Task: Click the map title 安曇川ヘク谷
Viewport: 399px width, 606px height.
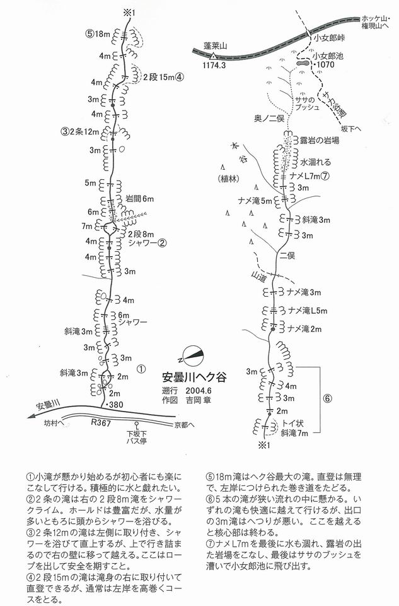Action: pyautogui.click(x=194, y=376)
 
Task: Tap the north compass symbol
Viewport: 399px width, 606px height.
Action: pyautogui.click(x=192, y=355)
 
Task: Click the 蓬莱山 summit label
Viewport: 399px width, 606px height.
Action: pyautogui.click(x=216, y=46)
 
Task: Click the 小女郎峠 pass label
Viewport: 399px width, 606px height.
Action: pyautogui.click(x=329, y=38)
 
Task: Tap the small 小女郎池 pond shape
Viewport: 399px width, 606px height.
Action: pyautogui.click(x=301, y=62)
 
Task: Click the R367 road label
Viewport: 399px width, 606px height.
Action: pyautogui.click(x=101, y=422)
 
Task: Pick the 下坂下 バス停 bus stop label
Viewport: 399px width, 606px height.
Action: pyautogui.click(x=137, y=437)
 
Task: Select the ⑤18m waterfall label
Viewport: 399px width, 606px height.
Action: pyautogui.click(x=98, y=33)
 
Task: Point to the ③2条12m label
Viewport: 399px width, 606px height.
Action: pyautogui.click(x=79, y=131)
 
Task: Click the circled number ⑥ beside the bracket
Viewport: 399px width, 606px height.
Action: pyautogui.click(x=327, y=398)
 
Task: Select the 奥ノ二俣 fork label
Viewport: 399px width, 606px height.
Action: pyautogui.click(x=269, y=118)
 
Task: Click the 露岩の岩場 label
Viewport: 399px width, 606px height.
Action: pyautogui.click(x=320, y=140)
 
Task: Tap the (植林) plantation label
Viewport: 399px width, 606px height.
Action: pyautogui.click(x=228, y=179)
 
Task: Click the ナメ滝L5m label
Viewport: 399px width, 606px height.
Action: pyautogui.click(x=308, y=311)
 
